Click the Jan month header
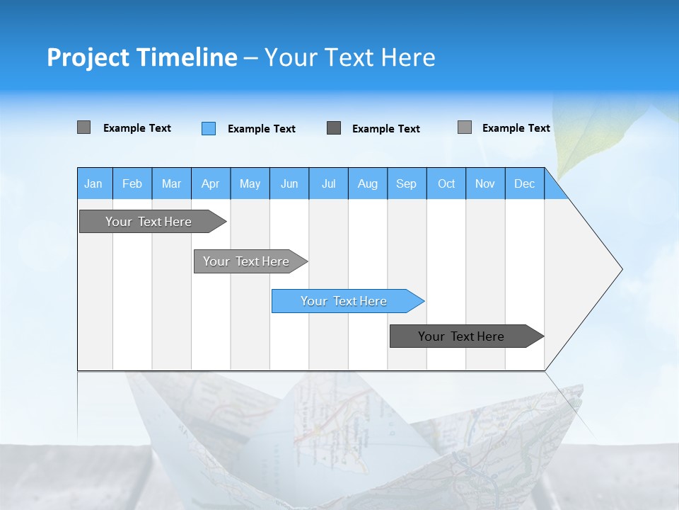coord(94,183)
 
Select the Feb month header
coord(132,183)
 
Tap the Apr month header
coord(211,183)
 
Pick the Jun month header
coord(289,183)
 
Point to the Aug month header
coord(368,183)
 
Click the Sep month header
coord(407,183)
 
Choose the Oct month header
coord(446,183)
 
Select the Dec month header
coord(525,183)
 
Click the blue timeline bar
coord(344,301)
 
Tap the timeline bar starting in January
coord(149,222)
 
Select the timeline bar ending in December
coord(462,336)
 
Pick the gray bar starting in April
coord(247,261)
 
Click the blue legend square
coord(209,128)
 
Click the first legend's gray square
coord(84,127)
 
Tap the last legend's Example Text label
coord(516,127)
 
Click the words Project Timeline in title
coord(142,57)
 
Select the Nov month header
coord(485,183)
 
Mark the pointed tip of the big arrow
coord(620,269)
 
